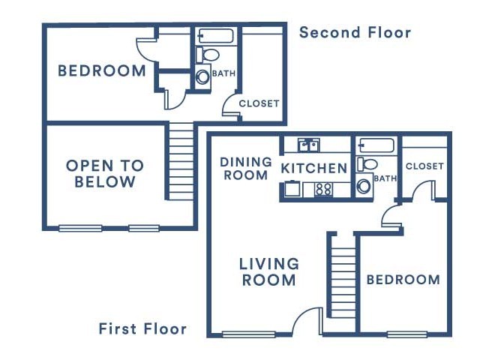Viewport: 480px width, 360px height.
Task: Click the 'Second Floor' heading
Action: click(x=355, y=32)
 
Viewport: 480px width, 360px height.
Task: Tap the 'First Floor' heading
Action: click(x=142, y=329)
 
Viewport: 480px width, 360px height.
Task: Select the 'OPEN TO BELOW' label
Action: click(x=105, y=173)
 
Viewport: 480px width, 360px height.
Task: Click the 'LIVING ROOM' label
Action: click(x=268, y=272)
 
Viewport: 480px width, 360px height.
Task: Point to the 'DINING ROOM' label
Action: click(x=246, y=169)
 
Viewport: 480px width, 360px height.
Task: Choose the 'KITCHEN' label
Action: click(x=314, y=168)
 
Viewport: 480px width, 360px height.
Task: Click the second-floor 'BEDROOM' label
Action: click(x=102, y=70)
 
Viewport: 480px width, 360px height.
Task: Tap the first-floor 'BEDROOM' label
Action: click(x=403, y=280)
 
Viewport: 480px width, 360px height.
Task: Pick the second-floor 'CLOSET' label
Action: click(x=259, y=103)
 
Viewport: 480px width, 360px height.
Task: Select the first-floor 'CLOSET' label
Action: click(x=424, y=166)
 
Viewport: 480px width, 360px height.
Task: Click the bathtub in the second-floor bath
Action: click(x=216, y=36)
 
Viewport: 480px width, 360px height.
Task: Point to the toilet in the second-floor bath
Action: click(x=207, y=55)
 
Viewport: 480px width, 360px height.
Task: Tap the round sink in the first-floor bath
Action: click(x=364, y=186)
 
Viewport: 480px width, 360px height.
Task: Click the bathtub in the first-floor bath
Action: click(x=377, y=145)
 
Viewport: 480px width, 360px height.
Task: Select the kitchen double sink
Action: click(x=308, y=145)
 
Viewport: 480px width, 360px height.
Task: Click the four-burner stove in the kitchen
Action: click(x=323, y=189)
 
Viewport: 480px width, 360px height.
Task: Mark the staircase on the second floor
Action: click(x=181, y=161)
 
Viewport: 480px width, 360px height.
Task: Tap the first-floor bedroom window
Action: click(x=406, y=334)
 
